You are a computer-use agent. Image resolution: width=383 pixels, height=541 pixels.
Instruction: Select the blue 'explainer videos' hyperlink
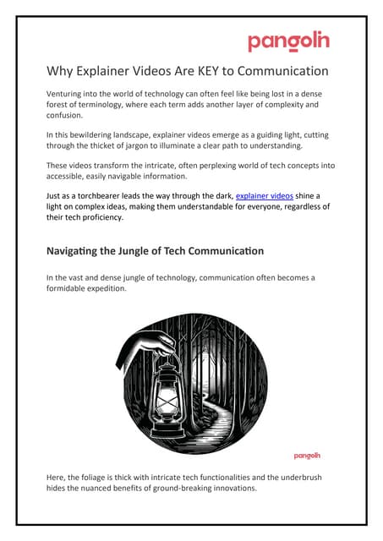pos(264,194)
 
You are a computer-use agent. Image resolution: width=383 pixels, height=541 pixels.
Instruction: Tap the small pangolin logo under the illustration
pos(307,455)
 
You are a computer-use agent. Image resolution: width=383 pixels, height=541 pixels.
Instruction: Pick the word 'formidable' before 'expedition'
pos(74,288)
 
